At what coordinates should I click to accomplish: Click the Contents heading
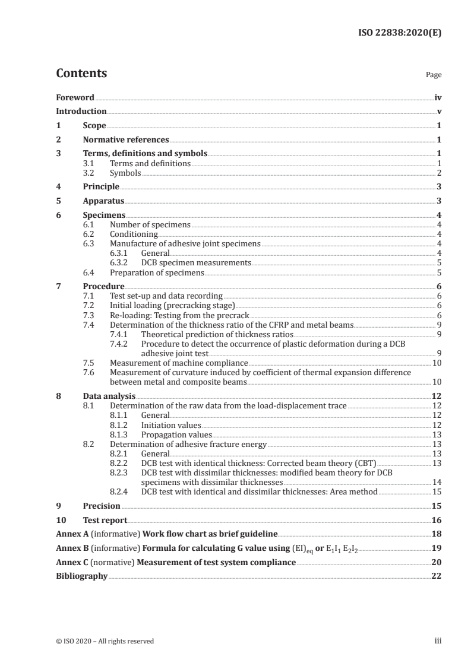(81, 74)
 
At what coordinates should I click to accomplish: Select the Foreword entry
(75, 97)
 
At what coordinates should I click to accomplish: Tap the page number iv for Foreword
(438, 97)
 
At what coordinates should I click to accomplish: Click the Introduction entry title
(81, 111)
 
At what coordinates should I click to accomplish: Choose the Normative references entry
(126, 140)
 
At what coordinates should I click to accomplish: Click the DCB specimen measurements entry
(196, 262)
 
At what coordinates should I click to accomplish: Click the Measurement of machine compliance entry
(179, 362)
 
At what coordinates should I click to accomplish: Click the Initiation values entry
(171, 425)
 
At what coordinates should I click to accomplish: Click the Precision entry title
(102, 506)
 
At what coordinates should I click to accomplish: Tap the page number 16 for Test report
(436, 520)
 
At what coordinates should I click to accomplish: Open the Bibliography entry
(81, 576)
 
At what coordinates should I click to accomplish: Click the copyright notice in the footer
(105, 640)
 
